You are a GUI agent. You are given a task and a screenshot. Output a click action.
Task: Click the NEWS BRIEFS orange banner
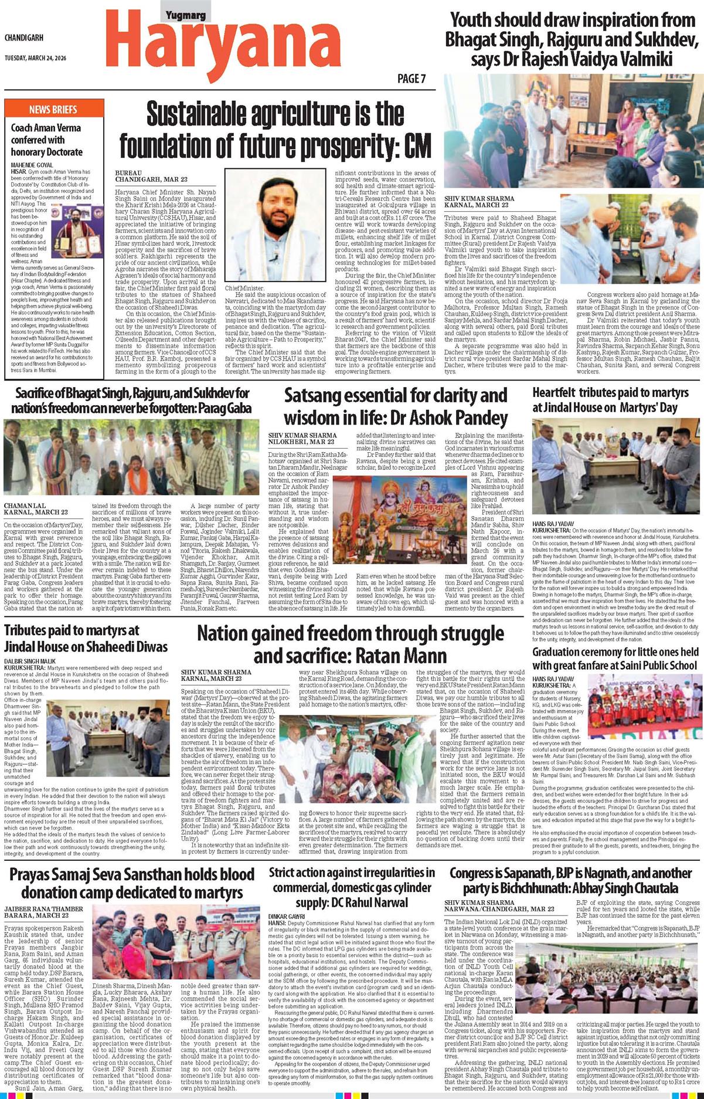point(53,109)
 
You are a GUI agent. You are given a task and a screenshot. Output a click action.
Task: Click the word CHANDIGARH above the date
point(25,38)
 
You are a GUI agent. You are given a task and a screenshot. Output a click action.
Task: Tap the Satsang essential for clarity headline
point(396,406)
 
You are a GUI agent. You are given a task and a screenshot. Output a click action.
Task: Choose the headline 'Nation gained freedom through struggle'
point(350,643)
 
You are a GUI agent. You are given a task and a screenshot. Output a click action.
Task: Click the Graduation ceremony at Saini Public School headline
point(615,658)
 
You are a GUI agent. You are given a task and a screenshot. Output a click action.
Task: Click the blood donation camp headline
point(132,883)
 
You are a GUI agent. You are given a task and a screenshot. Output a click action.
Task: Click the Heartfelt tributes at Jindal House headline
point(610,399)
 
